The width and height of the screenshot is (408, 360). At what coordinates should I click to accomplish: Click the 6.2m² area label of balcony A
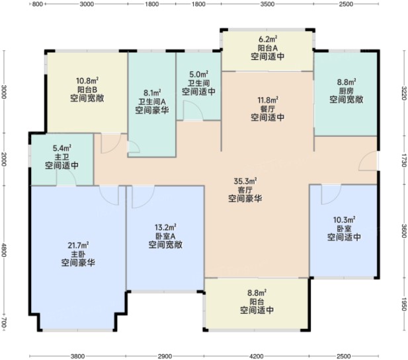click(x=268, y=40)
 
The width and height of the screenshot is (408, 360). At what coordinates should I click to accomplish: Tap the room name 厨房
click(x=346, y=91)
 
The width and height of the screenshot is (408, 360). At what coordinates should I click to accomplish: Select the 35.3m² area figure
click(x=245, y=180)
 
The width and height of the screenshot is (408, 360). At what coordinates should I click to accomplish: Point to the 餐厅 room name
click(x=268, y=108)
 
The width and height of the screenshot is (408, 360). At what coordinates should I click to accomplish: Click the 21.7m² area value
click(x=78, y=245)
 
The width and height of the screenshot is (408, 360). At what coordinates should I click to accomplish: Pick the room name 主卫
click(x=62, y=157)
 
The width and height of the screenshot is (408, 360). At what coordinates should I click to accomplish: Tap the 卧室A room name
click(x=165, y=236)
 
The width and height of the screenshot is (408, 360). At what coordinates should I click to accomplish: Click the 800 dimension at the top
click(x=38, y=4)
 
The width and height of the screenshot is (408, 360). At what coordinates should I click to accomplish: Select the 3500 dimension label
click(x=267, y=4)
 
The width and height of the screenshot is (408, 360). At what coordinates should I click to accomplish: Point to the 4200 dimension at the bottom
click(x=257, y=356)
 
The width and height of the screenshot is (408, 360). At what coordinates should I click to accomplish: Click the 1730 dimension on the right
click(x=404, y=160)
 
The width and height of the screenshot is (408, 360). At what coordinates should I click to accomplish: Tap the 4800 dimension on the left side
click(x=4, y=250)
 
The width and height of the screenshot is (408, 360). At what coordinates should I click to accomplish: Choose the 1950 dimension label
click(x=404, y=304)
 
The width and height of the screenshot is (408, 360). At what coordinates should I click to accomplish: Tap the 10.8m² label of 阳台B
click(x=87, y=81)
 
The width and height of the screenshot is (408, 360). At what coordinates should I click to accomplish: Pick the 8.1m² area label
click(x=152, y=92)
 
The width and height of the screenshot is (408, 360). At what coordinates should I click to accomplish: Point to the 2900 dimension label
click(x=165, y=356)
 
